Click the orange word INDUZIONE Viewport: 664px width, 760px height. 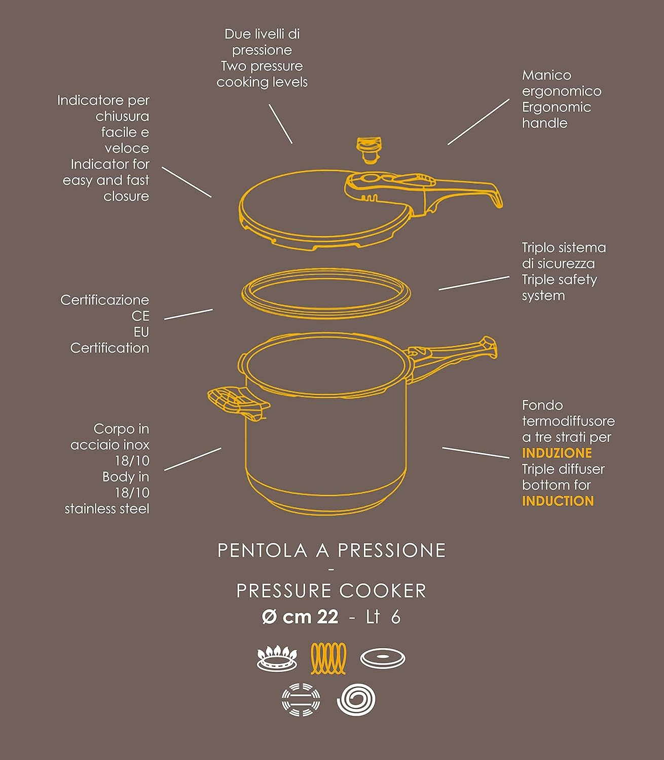(557, 453)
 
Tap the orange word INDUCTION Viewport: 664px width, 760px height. (558, 501)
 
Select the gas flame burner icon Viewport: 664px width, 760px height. (277, 658)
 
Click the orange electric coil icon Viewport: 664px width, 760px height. (328, 658)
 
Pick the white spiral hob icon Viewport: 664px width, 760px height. (356, 699)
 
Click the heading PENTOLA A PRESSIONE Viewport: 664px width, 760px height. (331, 550)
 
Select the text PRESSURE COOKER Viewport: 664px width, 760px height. (331, 591)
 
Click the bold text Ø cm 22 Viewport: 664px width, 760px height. (300, 617)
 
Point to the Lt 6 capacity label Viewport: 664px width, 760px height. (383, 617)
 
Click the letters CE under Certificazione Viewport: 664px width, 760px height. (140, 316)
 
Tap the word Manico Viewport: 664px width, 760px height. (546, 75)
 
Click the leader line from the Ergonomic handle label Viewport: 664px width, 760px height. (478, 122)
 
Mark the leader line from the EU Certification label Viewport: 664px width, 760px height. (189, 314)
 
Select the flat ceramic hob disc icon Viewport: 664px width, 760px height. (383, 658)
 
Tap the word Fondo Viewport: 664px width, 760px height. (542, 405)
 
